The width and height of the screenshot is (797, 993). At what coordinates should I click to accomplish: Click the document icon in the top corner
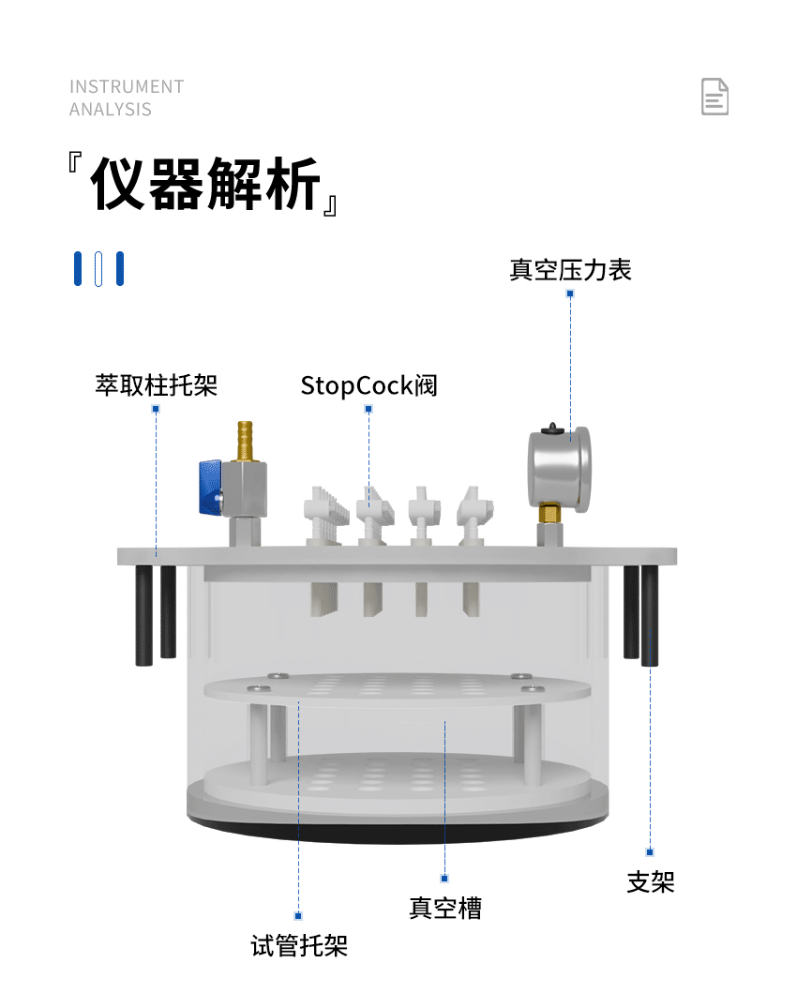click(x=714, y=97)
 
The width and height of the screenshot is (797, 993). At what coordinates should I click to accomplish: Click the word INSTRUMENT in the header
click(x=127, y=87)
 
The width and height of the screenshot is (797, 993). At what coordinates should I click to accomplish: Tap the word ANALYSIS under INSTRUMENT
click(x=111, y=110)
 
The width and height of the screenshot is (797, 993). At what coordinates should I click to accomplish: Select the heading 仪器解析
click(x=205, y=184)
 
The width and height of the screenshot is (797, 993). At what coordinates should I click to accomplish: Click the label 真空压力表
click(x=570, y=270)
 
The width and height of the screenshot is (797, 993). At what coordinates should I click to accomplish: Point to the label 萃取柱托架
click(x=157, y=385)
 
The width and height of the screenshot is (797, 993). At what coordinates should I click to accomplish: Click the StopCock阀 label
click(x=368, y=385)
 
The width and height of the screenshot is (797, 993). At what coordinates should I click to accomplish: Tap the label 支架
click(x=651, y=881)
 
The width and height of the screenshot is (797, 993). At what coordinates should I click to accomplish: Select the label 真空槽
click(x=445, y=908)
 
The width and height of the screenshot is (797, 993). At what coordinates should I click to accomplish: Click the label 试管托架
click(x=299, y=945)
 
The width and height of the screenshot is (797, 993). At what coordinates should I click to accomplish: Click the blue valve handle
click(x=210, y=487)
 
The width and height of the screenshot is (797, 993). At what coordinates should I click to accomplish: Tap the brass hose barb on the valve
click(x=245, y=441)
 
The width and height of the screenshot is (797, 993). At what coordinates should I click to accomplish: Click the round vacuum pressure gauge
click(x=560, y=469)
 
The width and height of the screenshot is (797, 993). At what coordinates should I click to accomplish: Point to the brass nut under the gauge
click(x=550, y=512)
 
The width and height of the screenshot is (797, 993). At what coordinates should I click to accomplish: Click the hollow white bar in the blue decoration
click(x=98, y=268)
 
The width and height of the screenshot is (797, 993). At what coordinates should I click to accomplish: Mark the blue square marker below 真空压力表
click(x=570, y=293)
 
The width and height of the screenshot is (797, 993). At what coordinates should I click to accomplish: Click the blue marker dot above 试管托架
click(x=298, y=916)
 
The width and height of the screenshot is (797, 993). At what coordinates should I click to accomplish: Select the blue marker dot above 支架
click(x=650, y=851)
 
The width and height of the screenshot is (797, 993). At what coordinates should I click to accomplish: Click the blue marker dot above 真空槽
click(x=444, y=879)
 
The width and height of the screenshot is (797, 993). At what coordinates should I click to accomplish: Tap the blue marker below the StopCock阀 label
click(x=368, y=409)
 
